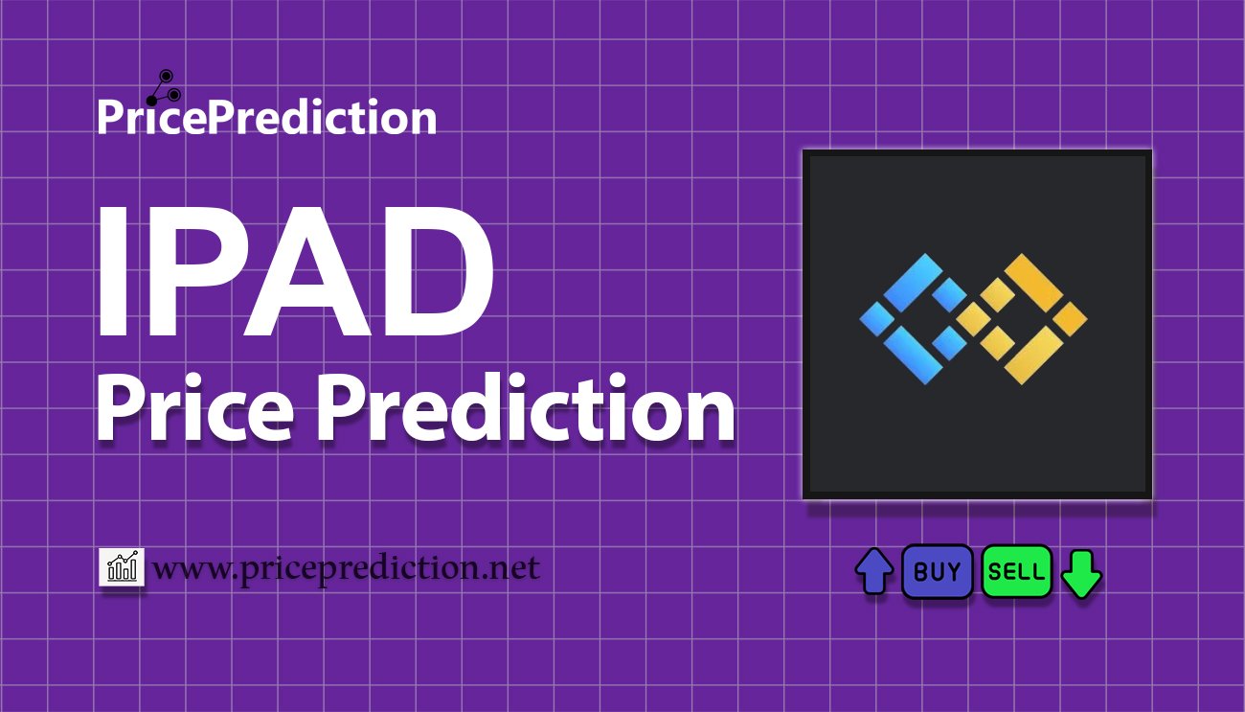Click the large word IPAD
pyautogui.click(x=295, y=271)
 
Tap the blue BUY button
pyautogui.click(x=937, y=571)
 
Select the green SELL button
pyautogui.click(x=1016, y=571)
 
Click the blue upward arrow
pyautogui.click(x=874, y=571)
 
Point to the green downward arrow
pyautogui.click(x=1081, y=574)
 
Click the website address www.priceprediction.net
pyautogui.click(x=346, y=568)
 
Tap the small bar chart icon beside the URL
pyautogui.click(x=122, y=566)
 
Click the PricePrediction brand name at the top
pyautogui.click(x=267, y=116)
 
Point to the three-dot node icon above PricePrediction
pyautogui.click(x=164, y=88)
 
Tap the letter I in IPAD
pyautogui.click(x=113, y=271)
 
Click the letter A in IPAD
pyautogui.click(x=309, y=271)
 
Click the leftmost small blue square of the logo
pyautogui.click(x=877, y=319)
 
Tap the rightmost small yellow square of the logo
pyautogui.click(x=1071, y=319)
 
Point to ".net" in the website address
pyautogui.click(x=514, y=568)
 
